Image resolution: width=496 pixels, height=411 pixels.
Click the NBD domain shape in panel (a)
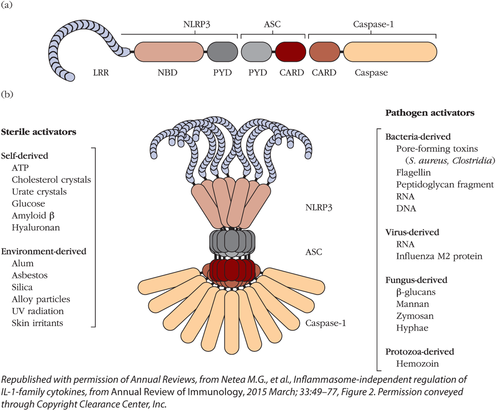point(169,52)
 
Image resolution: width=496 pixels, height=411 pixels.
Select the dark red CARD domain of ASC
point(291,52)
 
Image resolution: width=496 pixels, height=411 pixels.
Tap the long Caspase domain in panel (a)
point(390,52)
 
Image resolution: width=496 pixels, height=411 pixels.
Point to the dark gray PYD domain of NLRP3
point(222,52)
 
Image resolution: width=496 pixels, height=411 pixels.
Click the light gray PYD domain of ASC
point(257,52)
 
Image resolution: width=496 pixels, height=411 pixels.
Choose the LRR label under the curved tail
point(101,72)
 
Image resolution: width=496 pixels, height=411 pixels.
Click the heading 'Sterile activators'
point(38,132)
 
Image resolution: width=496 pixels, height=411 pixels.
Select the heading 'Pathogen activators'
point(430,113)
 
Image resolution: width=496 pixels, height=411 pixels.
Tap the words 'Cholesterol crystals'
point(51,180)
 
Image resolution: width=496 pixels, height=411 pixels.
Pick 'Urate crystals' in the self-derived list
point(39,192)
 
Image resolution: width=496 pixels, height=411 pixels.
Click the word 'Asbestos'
point(29,275)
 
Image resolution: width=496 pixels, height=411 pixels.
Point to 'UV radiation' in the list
point(38,311)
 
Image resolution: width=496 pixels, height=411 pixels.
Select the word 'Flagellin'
point(413,173)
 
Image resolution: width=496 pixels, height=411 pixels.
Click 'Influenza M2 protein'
point(439,256)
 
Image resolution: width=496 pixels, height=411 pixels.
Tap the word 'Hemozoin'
point(417,364)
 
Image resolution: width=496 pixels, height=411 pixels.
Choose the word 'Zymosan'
point(415,316)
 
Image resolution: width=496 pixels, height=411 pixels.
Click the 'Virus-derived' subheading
point(412,232)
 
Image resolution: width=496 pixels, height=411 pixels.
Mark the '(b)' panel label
point(7,95)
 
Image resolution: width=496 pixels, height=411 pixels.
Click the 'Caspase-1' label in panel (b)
point(325,323)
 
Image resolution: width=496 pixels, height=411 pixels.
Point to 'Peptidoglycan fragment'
point(445,185)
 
